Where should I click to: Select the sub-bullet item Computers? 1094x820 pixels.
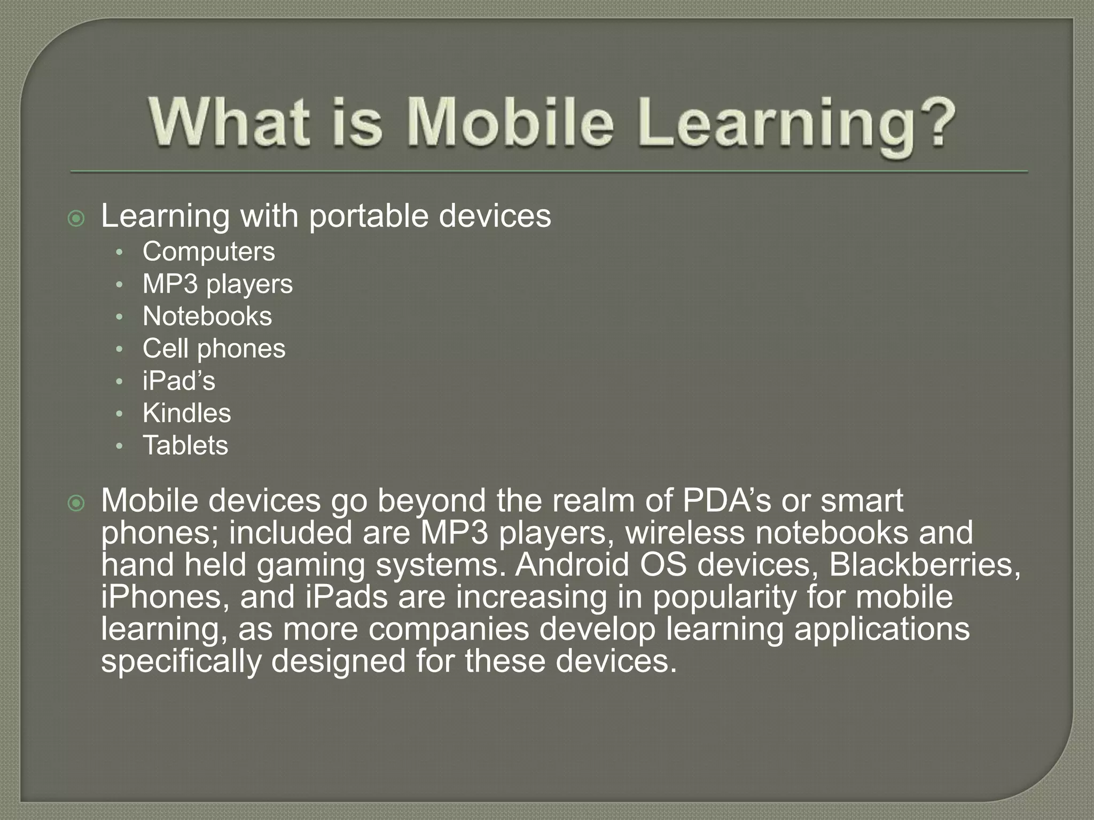click(x=208, y=251)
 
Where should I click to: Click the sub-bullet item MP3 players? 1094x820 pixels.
click(x=217, y=284)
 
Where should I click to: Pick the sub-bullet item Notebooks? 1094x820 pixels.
click(x=207, y=316)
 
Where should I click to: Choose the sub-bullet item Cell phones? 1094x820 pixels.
click(x=214, y=349)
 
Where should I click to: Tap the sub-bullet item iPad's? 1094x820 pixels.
click(x=179, y=381)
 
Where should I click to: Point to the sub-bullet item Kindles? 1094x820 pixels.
click(x=186, y=413)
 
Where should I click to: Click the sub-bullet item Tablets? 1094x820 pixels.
click(x=185, y=445)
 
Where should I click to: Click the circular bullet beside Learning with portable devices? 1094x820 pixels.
click(x=77, y=218)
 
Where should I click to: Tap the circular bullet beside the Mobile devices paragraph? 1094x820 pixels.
click(x=77, y=503)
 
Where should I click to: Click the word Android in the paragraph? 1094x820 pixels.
click(x=572, y=565)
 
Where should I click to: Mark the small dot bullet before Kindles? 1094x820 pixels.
click(x=120, y=414)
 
